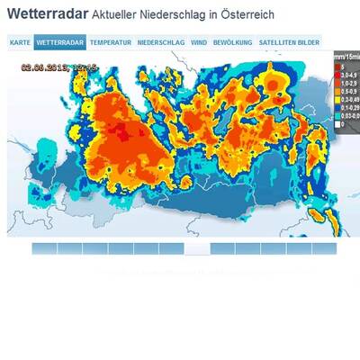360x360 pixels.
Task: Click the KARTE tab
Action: pyautogui.click(x=20, y=42)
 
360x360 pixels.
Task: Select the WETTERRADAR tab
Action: pyautogui.click(x=61, y=42)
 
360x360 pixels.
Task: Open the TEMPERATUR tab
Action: pyautogui.click(x=111, y=42)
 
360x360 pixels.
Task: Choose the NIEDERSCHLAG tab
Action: pyautogui.click(x=162, y=42)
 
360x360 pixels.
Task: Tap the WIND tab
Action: pyautogui.click(x=199, y=42)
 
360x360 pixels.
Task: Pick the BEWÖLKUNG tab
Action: pyautogui.click(x=232, y=42)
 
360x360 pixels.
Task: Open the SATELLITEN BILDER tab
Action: pyautogui.click(x=288, y=42)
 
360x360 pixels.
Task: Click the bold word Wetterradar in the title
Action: pyautogui.click(x=47, y=15)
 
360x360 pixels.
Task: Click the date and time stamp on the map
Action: pyautogui.click(x=60, y=67)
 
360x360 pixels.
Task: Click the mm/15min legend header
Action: pyautogui.click(x=346, y=57)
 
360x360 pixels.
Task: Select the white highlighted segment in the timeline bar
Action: pyautogui.click(x=196, y=248)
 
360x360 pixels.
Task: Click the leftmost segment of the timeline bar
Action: pyautogui.click(x=44, y=248)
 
